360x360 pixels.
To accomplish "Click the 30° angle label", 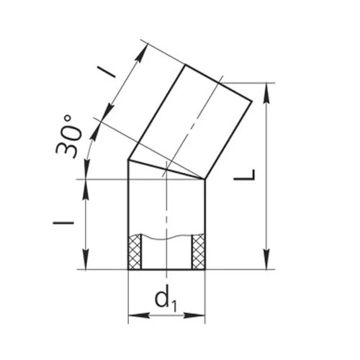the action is click(68, 136).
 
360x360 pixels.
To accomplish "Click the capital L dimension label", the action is click(244, 175).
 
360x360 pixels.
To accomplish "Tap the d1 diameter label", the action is click(166, 301).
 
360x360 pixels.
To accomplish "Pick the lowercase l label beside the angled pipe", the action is click(107, 72).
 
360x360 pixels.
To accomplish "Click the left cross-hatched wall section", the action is click(135, 251).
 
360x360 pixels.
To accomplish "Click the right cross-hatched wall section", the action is click(199, 251).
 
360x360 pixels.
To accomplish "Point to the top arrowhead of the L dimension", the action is click(266, 93).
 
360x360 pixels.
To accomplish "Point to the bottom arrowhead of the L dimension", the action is click(266, 259).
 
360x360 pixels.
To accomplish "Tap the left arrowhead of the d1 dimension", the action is click(139, 315).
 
